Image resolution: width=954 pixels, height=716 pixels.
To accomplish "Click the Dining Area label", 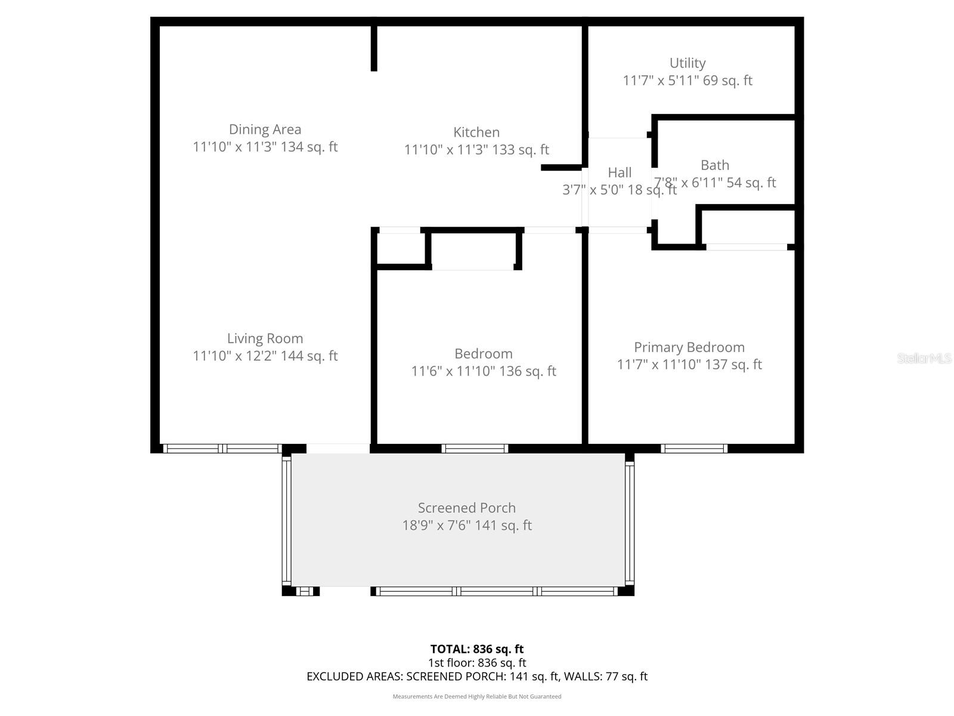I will (x=265, y=129).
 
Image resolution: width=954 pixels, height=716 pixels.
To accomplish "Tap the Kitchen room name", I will (x=476, y=132).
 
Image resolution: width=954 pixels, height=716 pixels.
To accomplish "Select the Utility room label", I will (x=687, y=63).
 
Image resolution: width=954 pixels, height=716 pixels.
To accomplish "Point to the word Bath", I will (x=714, y=165).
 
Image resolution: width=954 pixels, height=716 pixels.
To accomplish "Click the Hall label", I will (x=620, y=173).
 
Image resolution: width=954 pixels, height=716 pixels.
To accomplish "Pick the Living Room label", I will (x=265, y=338).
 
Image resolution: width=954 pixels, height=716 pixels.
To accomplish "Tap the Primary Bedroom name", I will (x=689, y=347).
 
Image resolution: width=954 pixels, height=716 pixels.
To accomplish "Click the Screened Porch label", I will (x=466, y=508).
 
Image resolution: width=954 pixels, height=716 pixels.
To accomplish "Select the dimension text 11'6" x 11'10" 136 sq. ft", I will (x=483, y=371).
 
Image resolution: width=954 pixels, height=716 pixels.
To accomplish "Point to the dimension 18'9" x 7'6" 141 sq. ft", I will (x=466, y=525).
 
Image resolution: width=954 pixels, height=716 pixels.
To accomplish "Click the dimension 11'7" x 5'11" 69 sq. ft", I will (x=687, y=81).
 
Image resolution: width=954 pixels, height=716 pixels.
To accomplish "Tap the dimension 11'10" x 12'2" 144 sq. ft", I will (x=265, y=356).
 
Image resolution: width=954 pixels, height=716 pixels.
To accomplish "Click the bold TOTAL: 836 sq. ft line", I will (x=476, y=649).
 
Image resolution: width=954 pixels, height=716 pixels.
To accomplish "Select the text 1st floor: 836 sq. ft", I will (x=476, y=662).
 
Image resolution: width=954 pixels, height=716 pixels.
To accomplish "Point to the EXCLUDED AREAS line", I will (x=476, y=676).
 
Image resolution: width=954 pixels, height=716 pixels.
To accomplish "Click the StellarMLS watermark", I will (x=924, y=358).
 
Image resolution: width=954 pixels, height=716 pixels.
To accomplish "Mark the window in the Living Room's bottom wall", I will (x=222, y=449).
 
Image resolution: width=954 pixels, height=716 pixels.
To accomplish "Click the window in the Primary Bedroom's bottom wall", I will (x=693, y=449).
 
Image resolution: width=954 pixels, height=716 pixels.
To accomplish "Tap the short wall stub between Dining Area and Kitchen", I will (x=374, y=48).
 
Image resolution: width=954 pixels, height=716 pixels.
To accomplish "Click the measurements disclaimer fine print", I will (x=476, y=696).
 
